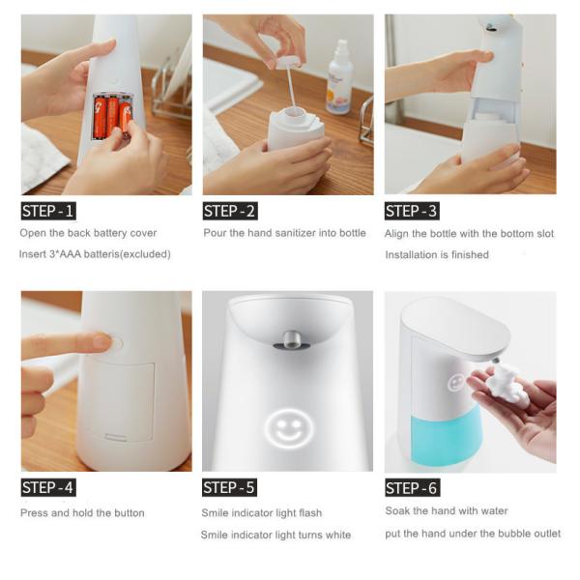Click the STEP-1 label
(48, 211)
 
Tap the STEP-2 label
(230, 211)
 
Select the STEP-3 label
(412, 211)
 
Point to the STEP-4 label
(48, 487)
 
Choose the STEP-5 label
(229, 487)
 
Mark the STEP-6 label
(413, 488)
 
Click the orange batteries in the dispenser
(112, 117)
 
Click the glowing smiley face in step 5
(289, 428)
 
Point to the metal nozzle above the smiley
(292, 340)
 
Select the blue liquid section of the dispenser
(446, 438)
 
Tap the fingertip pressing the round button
(102, 340)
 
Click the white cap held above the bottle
(288, 62)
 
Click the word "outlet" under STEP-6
(545, 534)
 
